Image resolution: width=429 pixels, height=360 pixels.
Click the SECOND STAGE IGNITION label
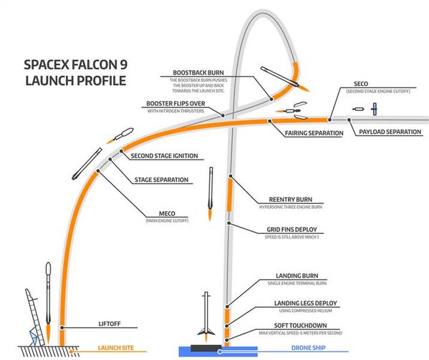pyautogui.click(x=164, y=156)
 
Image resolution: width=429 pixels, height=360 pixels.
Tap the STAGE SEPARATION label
pyautogui.click(x=162, y=180)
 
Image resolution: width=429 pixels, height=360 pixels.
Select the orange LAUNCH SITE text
pyautogui.click(x=117, y=351)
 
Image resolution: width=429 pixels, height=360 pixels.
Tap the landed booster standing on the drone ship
pyautogui.click(x=206, y=316)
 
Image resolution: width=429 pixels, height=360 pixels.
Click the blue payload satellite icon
pyautogui.click(x=372, y=108)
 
